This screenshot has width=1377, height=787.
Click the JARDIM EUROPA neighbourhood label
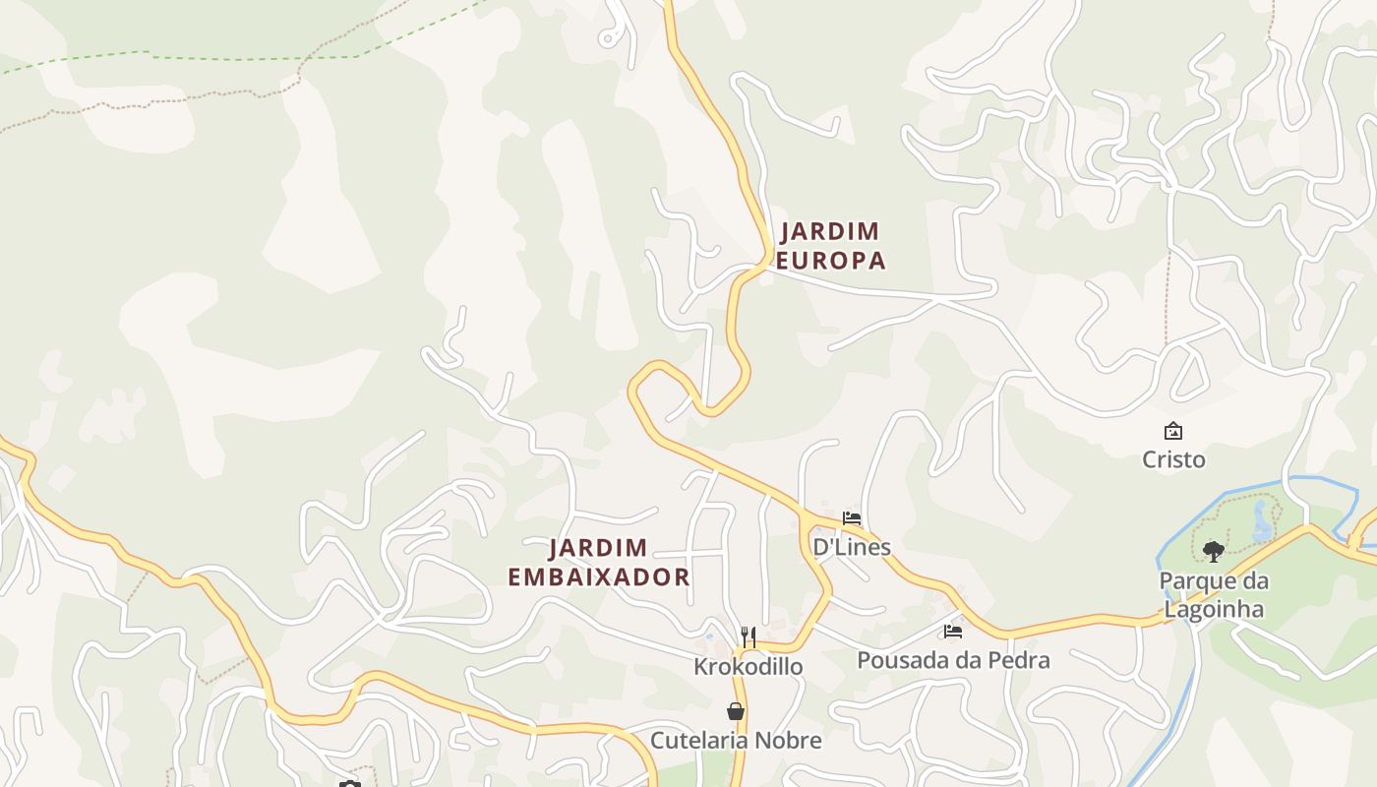831,246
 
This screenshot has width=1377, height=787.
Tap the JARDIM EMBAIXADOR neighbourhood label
598,563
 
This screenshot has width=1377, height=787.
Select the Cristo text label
1173,459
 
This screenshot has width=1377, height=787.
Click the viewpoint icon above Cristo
1173,431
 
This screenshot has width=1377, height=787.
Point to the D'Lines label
851,547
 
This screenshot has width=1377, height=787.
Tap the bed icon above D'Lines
852,518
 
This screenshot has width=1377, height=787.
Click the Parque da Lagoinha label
1214,594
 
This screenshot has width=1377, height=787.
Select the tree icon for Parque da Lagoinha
1214,551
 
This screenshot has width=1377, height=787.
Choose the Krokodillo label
748,666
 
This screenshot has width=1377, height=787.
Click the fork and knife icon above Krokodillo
748,636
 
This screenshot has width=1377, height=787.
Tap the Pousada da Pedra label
953,660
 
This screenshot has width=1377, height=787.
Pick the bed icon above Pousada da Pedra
952,632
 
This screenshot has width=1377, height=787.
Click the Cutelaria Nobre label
736,740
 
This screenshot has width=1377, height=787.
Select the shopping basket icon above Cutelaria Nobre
736,711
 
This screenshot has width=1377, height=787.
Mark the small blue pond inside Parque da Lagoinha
1262,522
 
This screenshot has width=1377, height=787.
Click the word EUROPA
831,261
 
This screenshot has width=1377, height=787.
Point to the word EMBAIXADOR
598,577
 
